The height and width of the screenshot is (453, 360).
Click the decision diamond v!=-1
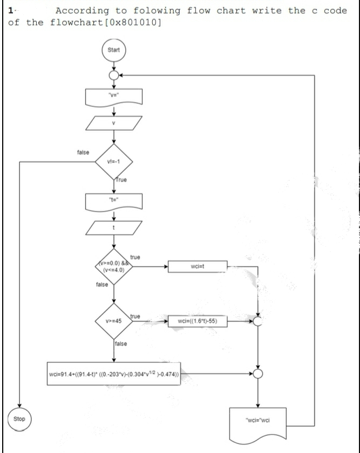114,160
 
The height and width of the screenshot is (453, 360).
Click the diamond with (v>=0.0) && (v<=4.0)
114,266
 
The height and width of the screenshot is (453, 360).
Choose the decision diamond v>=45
114,322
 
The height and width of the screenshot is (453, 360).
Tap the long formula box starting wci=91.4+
114,373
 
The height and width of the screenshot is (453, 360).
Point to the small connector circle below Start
114,75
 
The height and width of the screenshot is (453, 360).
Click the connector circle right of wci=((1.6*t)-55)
258,322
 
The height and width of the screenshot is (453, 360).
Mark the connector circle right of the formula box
258,373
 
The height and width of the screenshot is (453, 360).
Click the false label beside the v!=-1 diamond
84,153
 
